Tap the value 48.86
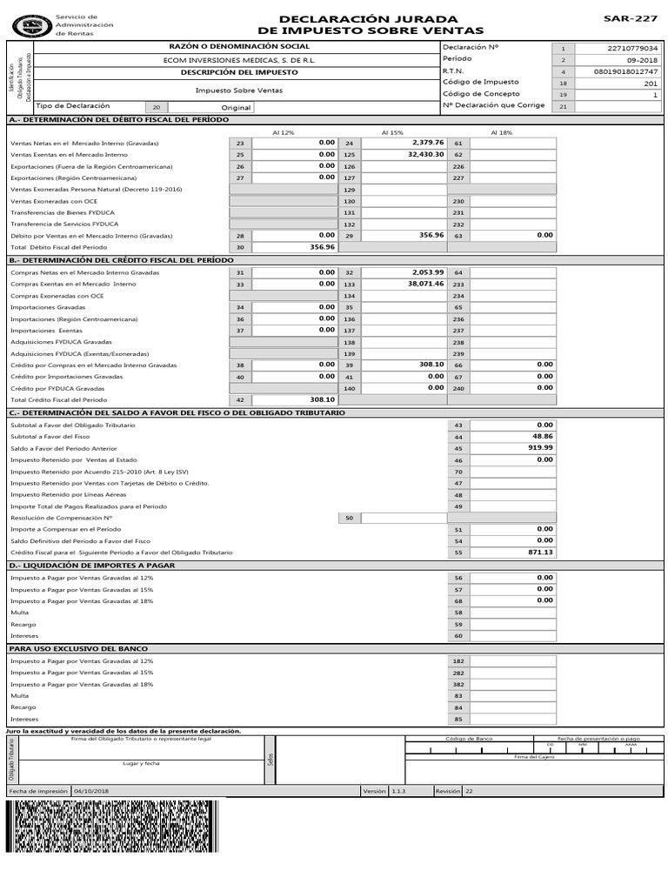coord(542,436)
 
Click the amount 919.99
coord(539,447)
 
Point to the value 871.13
coord(539,552)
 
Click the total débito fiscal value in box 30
coord(322,247)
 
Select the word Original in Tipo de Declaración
coord(236,108)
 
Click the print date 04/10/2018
coord(91,791)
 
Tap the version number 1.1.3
coord(399,791)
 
